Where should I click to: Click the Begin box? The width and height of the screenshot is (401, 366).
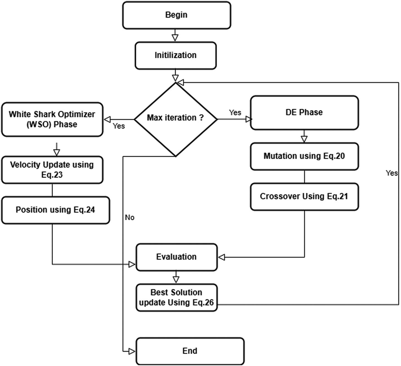coord(177,15)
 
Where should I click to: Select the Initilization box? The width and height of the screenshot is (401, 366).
coord(175,55)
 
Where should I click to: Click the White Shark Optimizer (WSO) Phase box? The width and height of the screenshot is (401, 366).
coord(52,119)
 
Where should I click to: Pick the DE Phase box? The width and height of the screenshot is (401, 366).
coord(304,112)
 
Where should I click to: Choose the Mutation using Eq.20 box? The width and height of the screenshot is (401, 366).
coord(304,156)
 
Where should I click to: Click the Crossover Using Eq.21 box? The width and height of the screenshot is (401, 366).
coord(304,196)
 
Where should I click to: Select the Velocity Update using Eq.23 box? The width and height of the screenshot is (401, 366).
coord(52,170)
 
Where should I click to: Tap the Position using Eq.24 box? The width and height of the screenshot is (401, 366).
coord(55,210)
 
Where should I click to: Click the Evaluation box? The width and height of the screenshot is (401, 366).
coord(177,257)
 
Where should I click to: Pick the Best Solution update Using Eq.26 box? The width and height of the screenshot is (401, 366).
coord(177,298)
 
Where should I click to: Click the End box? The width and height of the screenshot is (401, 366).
coord(190,351)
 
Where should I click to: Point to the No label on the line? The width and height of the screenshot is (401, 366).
coord(130,217)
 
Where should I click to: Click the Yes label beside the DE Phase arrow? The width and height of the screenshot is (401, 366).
coord(235,112)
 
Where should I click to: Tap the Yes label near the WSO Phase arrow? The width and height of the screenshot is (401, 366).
coord(119,126)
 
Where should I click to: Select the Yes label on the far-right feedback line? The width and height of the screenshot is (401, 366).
coord(392,173)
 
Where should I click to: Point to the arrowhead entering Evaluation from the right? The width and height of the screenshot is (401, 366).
coord(222,257)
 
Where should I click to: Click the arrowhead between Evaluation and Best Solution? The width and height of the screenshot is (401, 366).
coord(176,279)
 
